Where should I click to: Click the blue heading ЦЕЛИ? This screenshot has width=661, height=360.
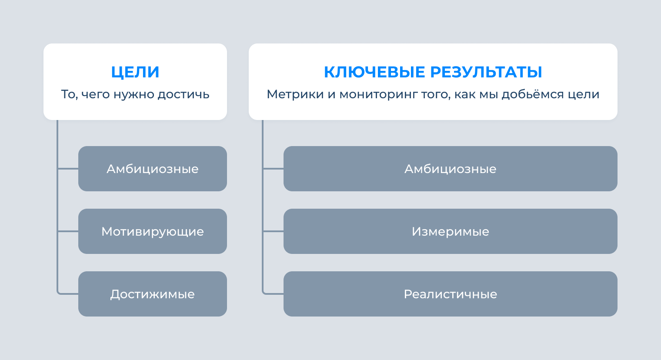[135, 72]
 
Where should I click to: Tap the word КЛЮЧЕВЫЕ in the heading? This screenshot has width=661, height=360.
[374, 72]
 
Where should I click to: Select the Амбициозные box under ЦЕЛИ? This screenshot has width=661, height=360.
[153, 169]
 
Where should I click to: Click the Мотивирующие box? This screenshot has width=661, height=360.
[153, 231]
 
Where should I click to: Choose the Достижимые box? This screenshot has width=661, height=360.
[153, 294]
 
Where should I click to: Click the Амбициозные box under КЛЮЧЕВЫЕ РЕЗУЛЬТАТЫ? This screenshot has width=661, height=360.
[451, 169]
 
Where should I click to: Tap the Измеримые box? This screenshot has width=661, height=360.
[451, 231]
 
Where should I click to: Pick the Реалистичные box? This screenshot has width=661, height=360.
[451, 294]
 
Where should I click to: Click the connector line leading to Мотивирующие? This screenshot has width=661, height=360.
[68, 231]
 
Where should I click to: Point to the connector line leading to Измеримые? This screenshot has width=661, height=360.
[274, 231]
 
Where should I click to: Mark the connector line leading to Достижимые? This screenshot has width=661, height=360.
[68, 294]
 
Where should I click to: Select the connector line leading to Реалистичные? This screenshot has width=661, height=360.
[274, 294]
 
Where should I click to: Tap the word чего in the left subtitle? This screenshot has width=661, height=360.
[96, 94]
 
